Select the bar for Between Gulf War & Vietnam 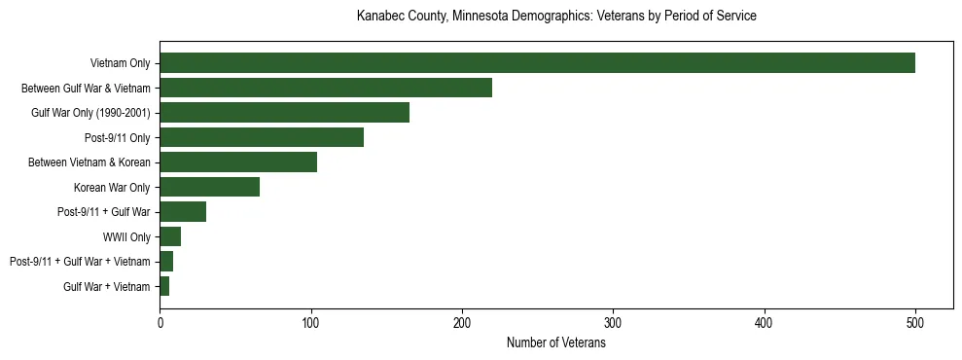tap(326, 88)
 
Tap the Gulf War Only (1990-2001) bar tap(284, 112)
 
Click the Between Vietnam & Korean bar tap(238, 162)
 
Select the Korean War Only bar tap(209, 187)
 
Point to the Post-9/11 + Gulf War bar tap(183, 211)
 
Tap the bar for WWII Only tap(170, 236)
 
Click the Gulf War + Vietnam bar tap(164, 286)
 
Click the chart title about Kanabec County tap(556, 17)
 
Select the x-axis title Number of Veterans tap(556, 342)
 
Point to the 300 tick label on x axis tap(613, 324)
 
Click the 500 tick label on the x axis tap(915, 324)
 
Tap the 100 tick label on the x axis tap(311, 324)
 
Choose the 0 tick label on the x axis tap(160, 324)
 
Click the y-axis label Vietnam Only tap(120, 63)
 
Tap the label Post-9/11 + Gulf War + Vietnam tap(80, 262)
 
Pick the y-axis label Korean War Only tap(112, 187)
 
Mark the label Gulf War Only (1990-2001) tap(90, 113)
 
